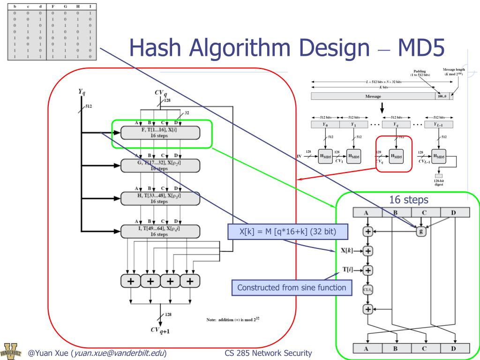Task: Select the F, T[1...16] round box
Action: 160,133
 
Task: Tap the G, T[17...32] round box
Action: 160,165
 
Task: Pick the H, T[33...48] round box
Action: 160,198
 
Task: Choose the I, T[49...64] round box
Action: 160,231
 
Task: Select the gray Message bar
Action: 373,96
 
